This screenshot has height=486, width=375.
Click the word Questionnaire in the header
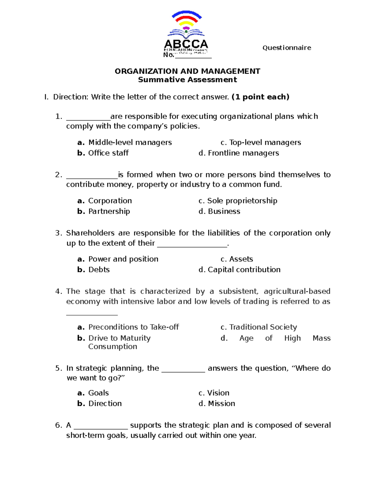click(x=287, y=48)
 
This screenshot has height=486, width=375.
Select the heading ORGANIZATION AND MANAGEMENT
click(x=187, y=71)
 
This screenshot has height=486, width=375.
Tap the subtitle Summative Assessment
click(x=187, y=80)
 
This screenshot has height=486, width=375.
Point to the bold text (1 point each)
click(x=260, y=97)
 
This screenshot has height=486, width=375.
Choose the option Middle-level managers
click(x=130, y=143)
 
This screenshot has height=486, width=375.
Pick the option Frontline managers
click(x=243, y=153)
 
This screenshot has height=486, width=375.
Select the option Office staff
click(x=108, y=153)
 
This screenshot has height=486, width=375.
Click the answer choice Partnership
click(x=109, y=212)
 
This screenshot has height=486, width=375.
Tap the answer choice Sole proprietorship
click(x=242, y=201)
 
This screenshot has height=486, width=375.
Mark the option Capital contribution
click(x=244, y=270)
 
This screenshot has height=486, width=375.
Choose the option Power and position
click(x=123, y=259)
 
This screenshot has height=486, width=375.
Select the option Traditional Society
click(x=263, y=327)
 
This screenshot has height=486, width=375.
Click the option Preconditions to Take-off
click(x=133, y=327)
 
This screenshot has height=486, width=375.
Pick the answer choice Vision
click(x=218, y=393)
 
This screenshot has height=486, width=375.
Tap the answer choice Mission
click(x=221, y=404)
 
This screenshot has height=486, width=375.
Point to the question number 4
click(x=58, y=291)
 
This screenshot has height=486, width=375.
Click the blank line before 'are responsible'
click(x=88, y=119)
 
